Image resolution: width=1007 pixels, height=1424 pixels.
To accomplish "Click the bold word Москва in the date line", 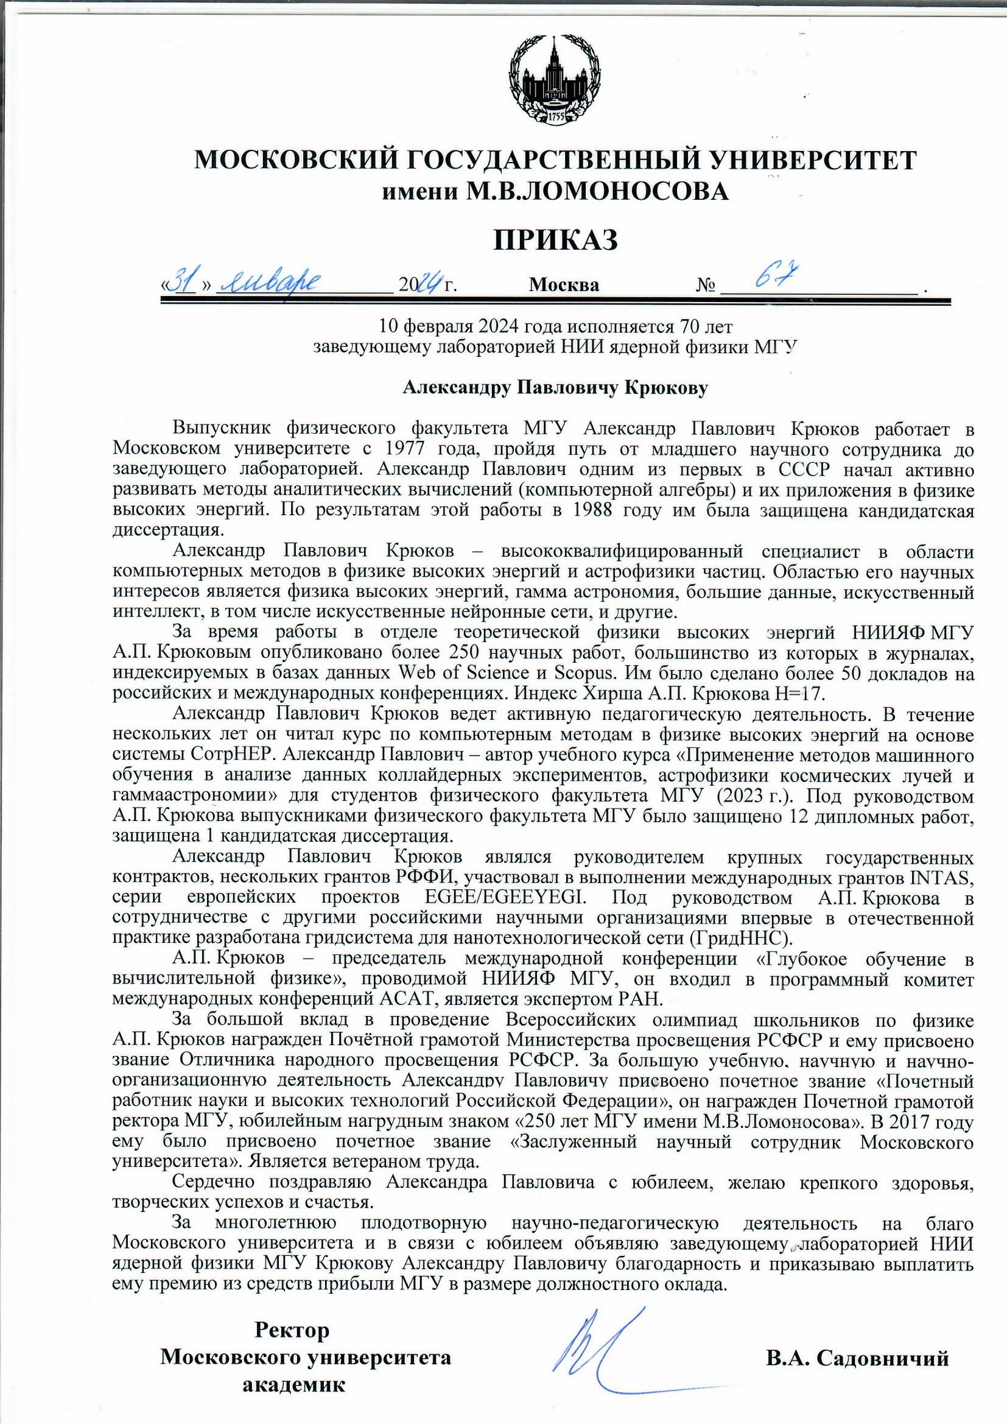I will click(x=564, y=285).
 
